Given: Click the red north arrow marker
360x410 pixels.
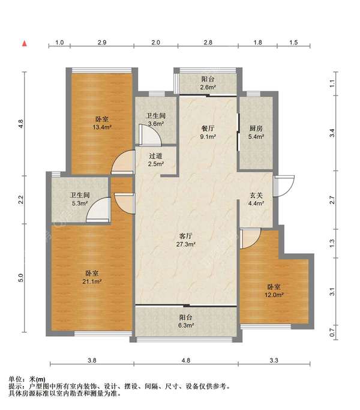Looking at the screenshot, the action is coord(25,43).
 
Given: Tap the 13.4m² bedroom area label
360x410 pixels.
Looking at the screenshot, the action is coord(102,123).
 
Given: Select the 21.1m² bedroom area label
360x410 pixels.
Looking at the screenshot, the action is coord(92,277).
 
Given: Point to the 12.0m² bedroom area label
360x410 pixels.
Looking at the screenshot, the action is coord(274,291).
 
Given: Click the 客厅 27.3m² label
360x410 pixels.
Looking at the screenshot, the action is coord(185,240).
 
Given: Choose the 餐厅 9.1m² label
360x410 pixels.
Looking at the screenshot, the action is coord(208,132).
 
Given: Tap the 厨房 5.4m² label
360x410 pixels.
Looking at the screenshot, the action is coord(256,132).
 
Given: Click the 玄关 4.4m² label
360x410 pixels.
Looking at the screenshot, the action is coord(256,199).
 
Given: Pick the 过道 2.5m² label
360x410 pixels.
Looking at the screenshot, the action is coord(156,160).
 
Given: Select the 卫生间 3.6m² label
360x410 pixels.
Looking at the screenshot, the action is coord(156,119).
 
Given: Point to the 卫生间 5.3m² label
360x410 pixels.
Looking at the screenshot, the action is coord(80,199).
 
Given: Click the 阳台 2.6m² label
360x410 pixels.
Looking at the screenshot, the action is coord(208,83).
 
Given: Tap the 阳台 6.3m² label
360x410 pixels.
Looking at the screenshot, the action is coord(186,321).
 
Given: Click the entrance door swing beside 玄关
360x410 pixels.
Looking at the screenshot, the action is coord(284,185).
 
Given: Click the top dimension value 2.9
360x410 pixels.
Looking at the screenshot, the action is coord(102,43).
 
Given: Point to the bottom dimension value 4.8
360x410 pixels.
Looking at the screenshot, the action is coord(186,360).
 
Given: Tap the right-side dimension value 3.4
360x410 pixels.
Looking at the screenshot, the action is coord(332,133).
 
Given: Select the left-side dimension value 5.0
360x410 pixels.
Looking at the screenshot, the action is coord(21,278).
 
